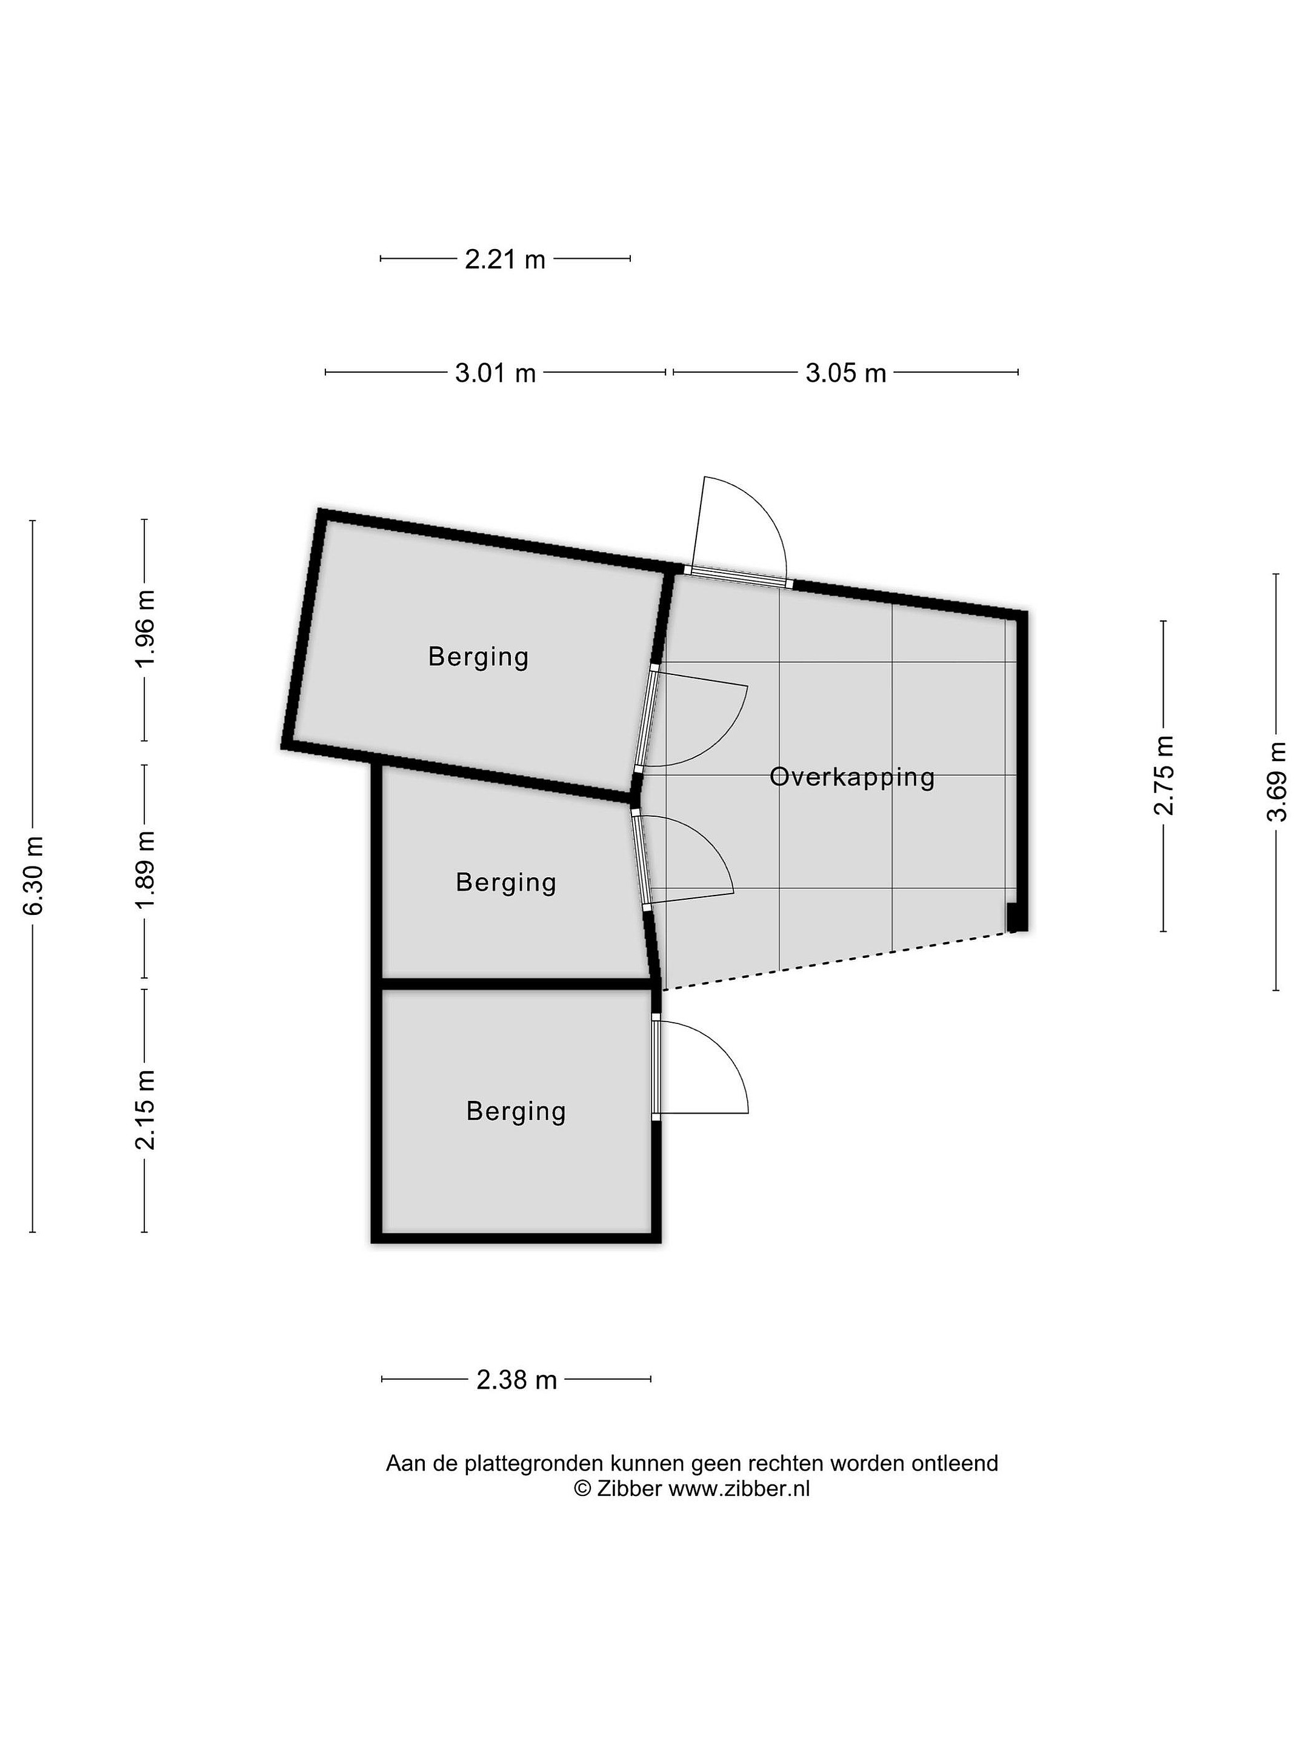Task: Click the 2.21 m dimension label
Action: [x=504, y=259]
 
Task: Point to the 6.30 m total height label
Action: [x=33, y=875]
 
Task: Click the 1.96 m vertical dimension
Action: [x=146, y=629]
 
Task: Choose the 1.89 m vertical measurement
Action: [x=146, y=868]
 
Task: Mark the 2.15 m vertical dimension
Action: [x=146, y=1109]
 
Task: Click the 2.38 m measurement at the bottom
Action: [x=517, y=1380]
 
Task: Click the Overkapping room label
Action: [x=851, y=778]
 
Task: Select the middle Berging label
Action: [x=506, y=882]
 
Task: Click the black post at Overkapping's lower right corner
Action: [x=1016, y=919]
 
